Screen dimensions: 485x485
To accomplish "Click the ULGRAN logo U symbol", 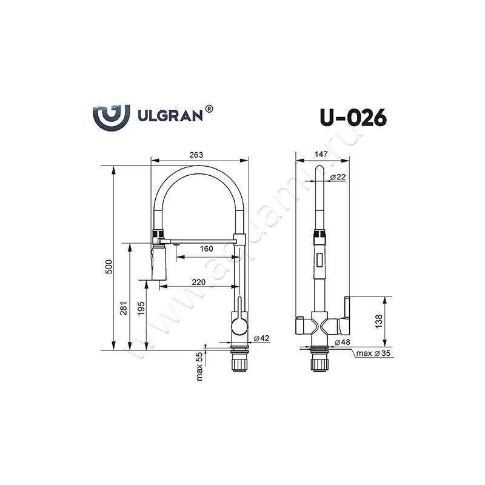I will [x=112, y=116].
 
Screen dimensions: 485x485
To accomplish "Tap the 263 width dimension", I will [x=196, y=155].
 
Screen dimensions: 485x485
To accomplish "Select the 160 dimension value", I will [x=207, y=249].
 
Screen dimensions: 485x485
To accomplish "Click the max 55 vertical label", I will [x=199, y=367].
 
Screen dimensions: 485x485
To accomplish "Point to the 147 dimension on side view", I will [x=322, y=155].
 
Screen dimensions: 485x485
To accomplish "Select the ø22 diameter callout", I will [x=338, y=177].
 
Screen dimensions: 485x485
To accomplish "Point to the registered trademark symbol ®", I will [x=209, y=109].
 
